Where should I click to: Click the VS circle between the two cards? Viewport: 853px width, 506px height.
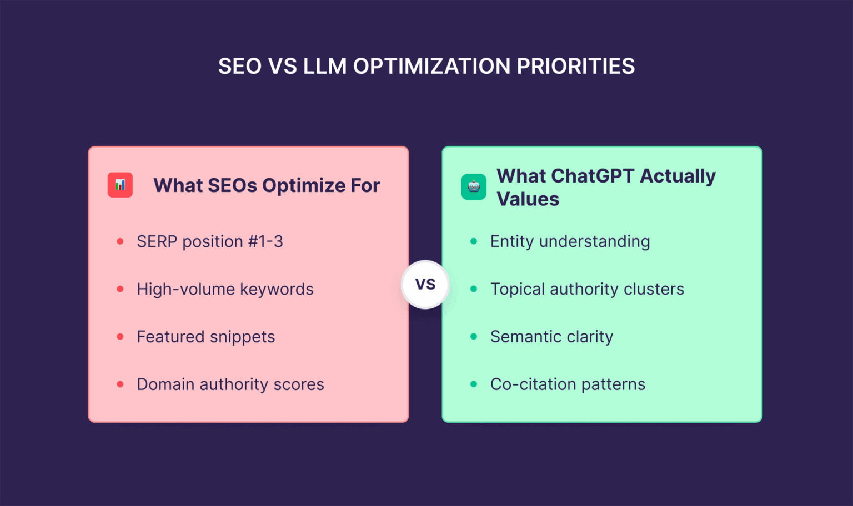click(425, 285)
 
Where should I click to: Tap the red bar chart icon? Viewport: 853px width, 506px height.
click(120, 185)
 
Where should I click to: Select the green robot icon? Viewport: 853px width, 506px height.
click(474, 187)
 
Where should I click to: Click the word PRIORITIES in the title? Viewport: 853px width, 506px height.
click(575, 67)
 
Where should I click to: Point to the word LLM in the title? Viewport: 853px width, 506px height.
click(324, 67)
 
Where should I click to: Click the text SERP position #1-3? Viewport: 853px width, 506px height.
click(209, 242)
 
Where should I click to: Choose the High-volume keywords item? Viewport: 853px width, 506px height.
click(225, 289)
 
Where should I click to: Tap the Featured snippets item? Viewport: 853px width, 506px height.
click(205, 337)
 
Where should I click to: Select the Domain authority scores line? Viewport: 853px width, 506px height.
click(230, 384)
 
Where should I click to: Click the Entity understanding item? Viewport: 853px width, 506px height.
click(570, 242)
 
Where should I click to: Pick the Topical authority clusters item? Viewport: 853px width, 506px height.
click(587, 289)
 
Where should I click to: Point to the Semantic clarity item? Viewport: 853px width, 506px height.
click(551, 337)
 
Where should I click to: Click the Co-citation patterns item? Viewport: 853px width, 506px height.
click(568, 384)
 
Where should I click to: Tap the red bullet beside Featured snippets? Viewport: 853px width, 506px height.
click(120, 337)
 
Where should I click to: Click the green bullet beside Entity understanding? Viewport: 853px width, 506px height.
click(474, 241)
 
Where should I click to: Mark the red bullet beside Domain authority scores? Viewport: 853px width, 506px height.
click(120, 384)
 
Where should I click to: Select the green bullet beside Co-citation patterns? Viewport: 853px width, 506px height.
click(474, 384)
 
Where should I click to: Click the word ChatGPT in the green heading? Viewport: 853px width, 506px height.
click(593, 176)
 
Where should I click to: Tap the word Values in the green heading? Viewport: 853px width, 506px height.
click(528, 199)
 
